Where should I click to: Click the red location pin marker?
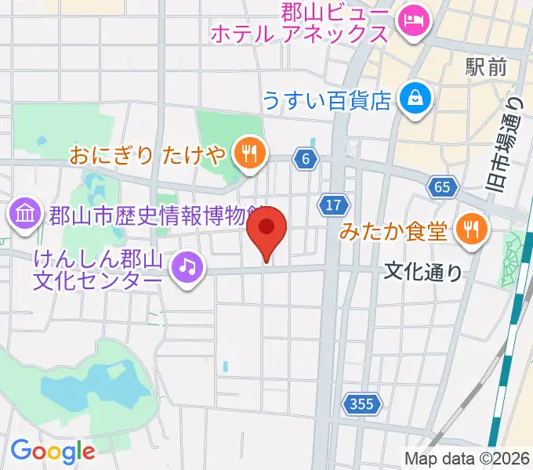coord(266,229)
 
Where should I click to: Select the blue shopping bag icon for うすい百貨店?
coord(411,98)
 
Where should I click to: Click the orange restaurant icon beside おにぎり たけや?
coord(249,153)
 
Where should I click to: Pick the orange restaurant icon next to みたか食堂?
coord(471,229)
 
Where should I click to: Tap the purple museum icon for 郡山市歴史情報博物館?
coord(24,212)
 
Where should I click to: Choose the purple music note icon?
coord(187,268)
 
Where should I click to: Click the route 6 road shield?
coord(306,159)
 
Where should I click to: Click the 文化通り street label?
coord(423,272)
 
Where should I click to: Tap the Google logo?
coord(53,450)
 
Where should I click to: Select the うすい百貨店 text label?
coord(327,99)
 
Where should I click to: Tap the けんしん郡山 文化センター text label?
coord(99,268)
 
